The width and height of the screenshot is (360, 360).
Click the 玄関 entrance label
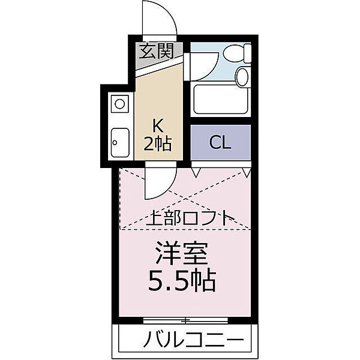click(157, 51)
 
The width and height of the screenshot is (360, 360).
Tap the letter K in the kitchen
click(157, 125)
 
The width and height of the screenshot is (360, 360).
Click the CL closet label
click(220, 142)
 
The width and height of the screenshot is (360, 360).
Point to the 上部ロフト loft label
click(190, 217)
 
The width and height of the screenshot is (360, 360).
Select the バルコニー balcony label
click(194, 340)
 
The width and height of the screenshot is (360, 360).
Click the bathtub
click(221, 101)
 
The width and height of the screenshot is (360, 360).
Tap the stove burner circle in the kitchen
click(120, 104)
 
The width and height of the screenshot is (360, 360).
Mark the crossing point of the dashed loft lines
click(184, 200)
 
